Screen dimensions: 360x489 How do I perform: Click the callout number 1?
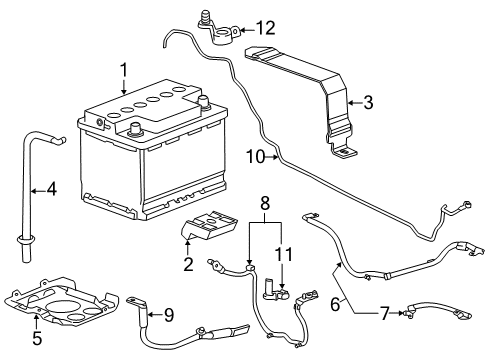[124, 70]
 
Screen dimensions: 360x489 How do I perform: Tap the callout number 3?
[369, 101]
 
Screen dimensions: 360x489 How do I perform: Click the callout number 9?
[168, 316]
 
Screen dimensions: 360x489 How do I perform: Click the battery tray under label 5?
[73, 303]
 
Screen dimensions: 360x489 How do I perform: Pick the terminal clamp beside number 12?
[220, 33]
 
